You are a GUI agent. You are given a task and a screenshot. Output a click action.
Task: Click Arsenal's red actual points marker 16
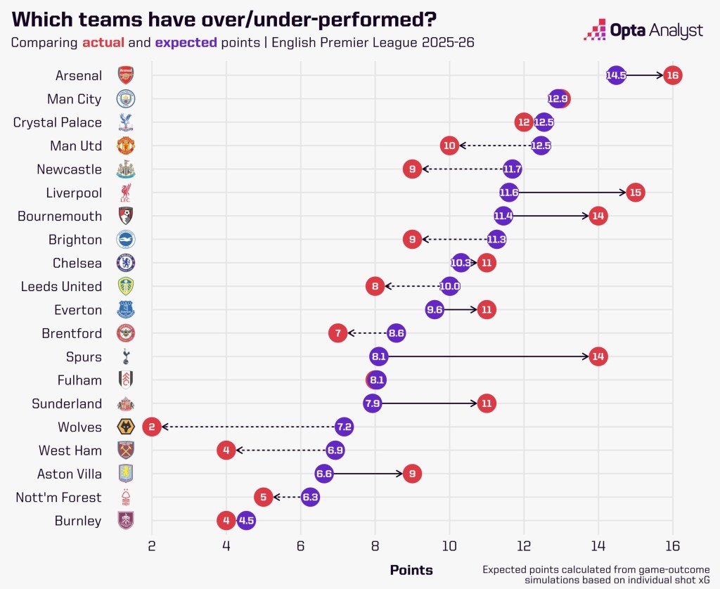click(672, 75)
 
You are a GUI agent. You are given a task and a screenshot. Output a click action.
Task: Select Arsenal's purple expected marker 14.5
click(616, 75)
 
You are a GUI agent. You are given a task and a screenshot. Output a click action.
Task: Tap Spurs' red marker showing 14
click(598, 356)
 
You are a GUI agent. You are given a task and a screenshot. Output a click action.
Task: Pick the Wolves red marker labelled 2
click(151, 427)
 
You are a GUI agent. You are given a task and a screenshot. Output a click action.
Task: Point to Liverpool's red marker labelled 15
click(635, 193)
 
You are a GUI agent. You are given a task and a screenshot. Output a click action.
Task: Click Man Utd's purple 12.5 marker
click(541, 145)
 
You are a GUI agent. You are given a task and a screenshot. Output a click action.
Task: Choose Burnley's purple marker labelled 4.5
click(245, 521)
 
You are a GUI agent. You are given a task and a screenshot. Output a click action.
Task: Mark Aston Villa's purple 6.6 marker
click(323, 474)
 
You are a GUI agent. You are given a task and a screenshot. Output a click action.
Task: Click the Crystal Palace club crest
click(125, 122)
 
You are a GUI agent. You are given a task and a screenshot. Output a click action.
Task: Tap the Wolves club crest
click(125, 427)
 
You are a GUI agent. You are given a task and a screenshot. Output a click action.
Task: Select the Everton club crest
click(125, 310)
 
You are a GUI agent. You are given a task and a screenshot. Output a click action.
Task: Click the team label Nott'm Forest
click(58, 498)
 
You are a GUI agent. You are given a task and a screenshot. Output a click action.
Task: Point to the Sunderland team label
click(67, 403)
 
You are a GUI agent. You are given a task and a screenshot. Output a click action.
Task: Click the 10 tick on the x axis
click(449, 545)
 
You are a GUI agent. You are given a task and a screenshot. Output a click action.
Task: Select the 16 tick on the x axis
click(672, 545)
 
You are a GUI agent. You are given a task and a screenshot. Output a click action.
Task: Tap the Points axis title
click(411, 569)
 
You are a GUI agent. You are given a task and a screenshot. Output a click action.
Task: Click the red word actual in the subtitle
click(103, 42)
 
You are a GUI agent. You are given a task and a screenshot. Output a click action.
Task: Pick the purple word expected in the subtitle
click(186, 42)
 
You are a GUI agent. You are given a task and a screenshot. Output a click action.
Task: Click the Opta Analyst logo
click(643, 31)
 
